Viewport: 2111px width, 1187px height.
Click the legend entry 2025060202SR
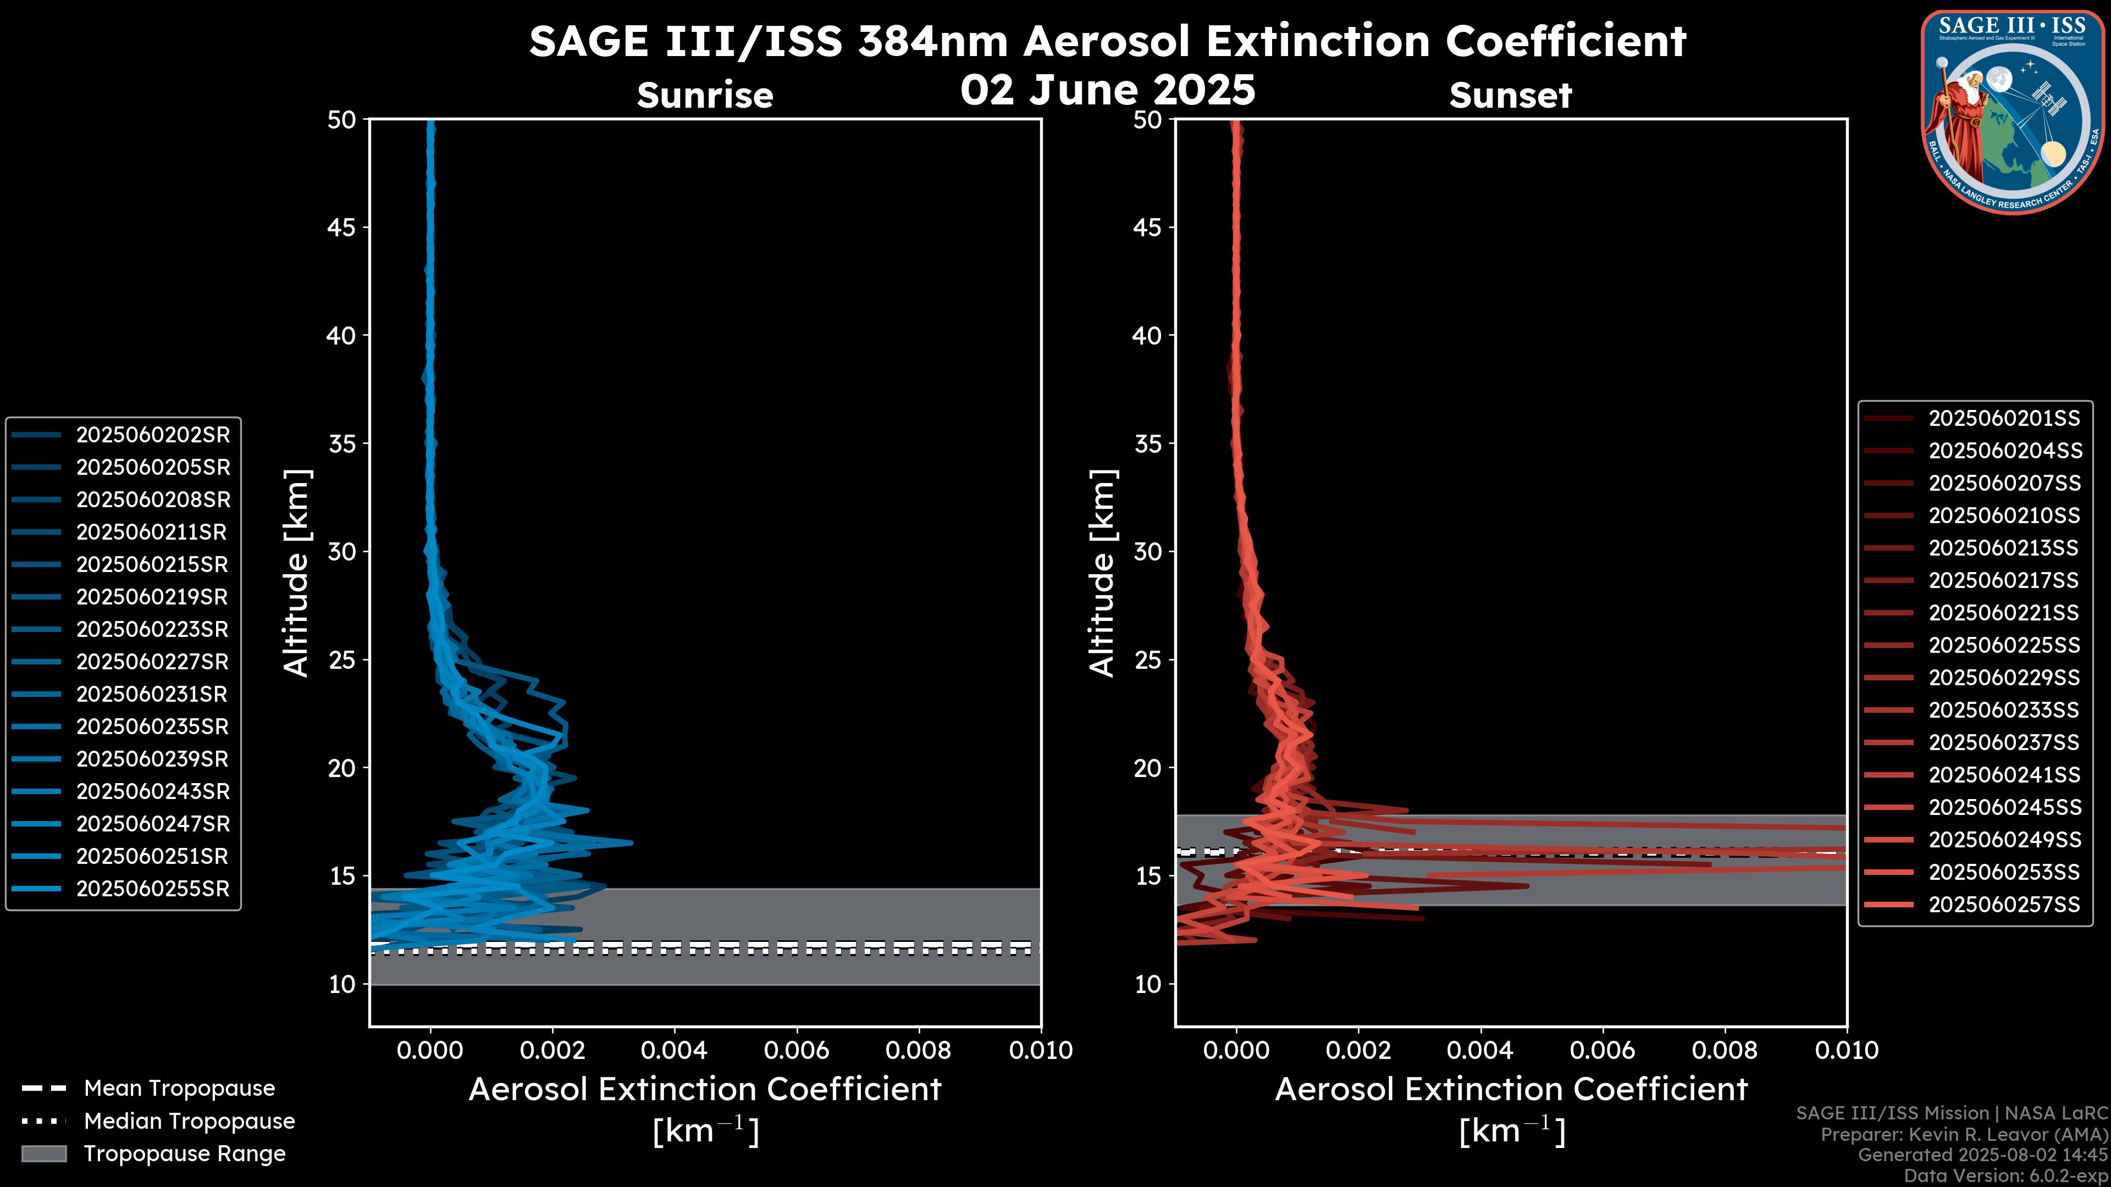152,435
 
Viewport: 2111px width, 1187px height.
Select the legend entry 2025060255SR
152,889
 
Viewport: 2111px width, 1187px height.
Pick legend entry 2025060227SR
152,662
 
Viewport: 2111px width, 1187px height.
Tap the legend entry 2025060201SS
2004,419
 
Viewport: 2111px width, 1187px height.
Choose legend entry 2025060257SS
2004,905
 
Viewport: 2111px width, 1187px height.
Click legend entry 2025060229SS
2004,678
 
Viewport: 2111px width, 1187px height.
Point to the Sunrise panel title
705,96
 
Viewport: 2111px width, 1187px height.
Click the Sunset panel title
1510,96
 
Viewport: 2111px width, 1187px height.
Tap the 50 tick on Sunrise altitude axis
342,120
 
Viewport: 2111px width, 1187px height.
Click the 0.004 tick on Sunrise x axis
675,1050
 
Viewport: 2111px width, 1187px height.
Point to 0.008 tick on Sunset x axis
1725,1050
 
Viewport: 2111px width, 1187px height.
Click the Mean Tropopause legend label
179,1089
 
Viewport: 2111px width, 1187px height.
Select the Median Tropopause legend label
189,1122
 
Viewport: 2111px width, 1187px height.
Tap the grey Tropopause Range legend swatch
43,1153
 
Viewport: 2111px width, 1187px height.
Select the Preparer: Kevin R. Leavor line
1964,1135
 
